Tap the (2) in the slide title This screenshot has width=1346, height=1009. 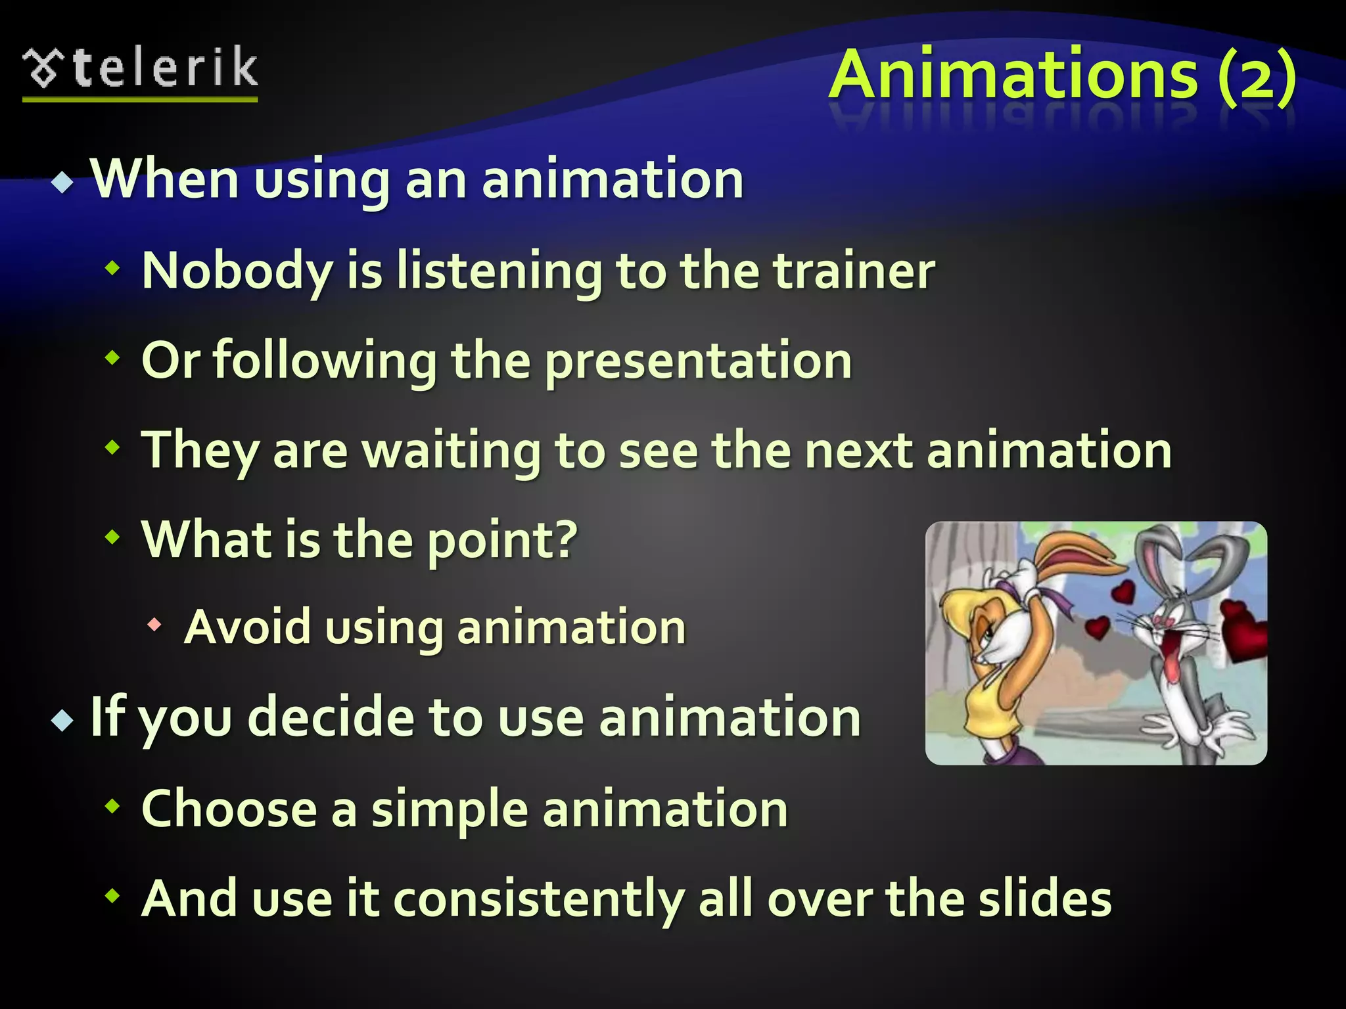pos(1256,76)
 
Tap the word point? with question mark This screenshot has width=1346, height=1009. pos(502,541)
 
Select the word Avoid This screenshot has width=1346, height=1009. pos(247,627)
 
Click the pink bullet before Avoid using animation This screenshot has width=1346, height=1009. pos(154,625)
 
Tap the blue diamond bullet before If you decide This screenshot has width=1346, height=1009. pos(63,720)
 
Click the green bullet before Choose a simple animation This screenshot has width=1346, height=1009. pos(113,805)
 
